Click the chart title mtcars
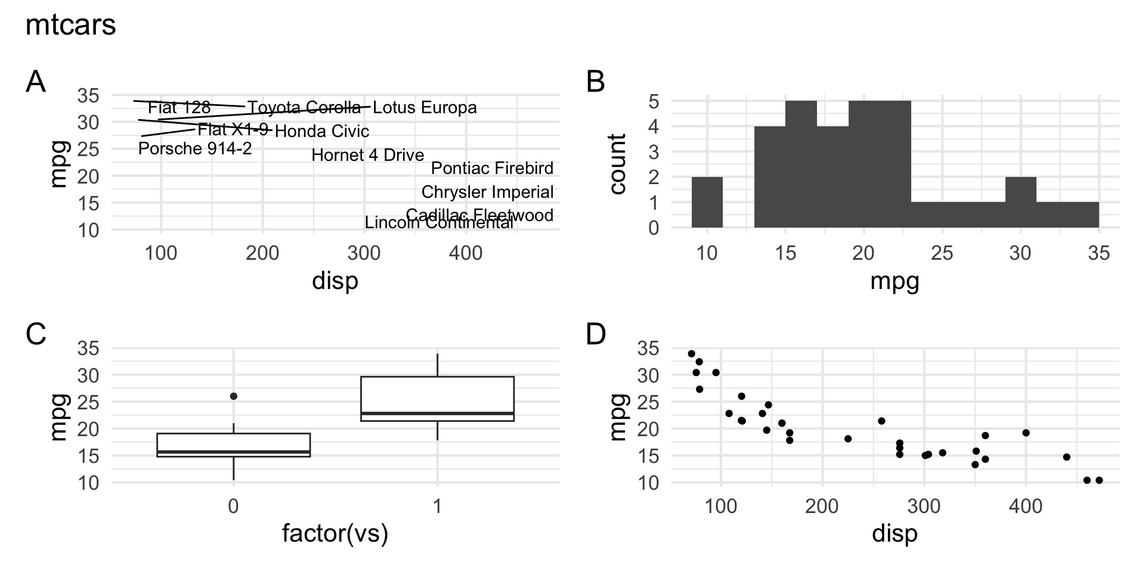(x=70, y=26)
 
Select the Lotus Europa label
(x=425, y=108)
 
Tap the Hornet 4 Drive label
(x=367, y=156)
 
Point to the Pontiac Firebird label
(x=492, y=169)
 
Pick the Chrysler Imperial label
(x=487, y=192)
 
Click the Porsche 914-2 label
(x=195, y=148)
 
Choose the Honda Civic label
(x=322, y=131)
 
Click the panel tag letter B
(x=596, y=82)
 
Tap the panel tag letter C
(x=36, y=334)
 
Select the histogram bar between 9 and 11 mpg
(x=707, y=203)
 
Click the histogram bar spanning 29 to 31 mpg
(x=1020, y=203)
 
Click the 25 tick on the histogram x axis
(x=942, y=253)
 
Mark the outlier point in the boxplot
(x=234, y=396)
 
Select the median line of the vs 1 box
(x=437, y=413)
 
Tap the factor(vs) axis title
(x=335, y=533)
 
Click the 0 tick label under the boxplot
(x=233, y=506)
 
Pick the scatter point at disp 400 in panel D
(x=1026, y=433)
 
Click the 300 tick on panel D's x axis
(x=924, y=506)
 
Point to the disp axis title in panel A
(x=335, y=281)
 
